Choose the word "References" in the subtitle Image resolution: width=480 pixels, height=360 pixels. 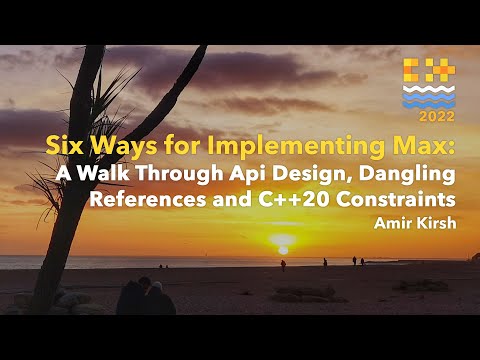[x=140, y=198]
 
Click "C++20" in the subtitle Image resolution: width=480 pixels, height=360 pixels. [x=268, y=198]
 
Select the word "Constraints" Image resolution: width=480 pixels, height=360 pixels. [x=384, y=198]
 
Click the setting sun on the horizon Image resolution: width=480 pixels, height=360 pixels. [x=282, y=241]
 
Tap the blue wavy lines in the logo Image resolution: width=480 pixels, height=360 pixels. [x=428, y=96]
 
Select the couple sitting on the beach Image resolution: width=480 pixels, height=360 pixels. [x=145, y=297]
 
